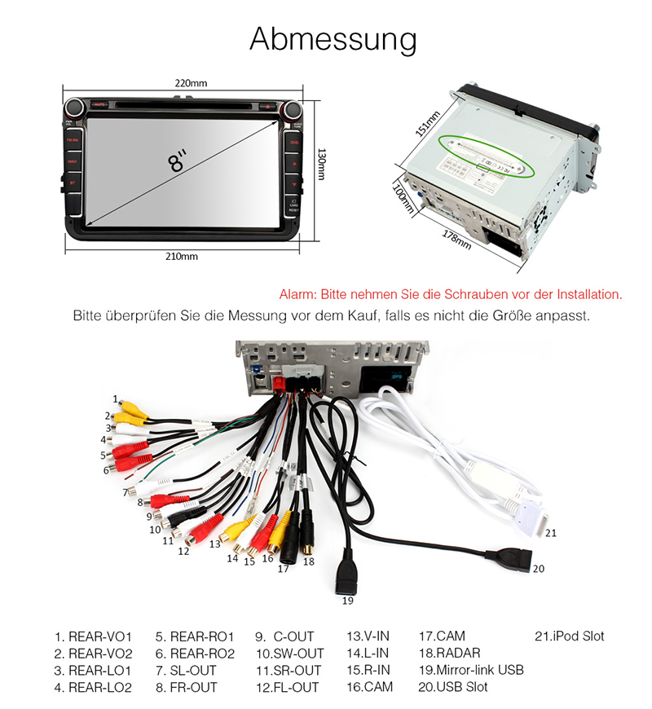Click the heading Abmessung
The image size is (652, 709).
click(333, 38)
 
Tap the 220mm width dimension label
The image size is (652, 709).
click(191, 83)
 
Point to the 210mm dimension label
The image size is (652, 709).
click(182, 256)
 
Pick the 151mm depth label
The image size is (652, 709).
click(428, 125)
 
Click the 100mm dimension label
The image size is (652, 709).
click(402, 198)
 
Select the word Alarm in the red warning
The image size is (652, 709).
click(296, 294)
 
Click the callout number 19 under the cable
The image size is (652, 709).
click(348, 601)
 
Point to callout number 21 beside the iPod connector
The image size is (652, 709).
click(550, 533)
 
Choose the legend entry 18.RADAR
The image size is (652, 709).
click(449, 653)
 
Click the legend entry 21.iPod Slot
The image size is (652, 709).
click(569, 636)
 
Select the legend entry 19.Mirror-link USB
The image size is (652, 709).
click(471, 670)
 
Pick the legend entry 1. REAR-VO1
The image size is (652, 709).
click(93, 636)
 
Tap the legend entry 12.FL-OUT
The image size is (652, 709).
click(287, 687)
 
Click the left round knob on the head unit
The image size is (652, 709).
click(77, 107)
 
